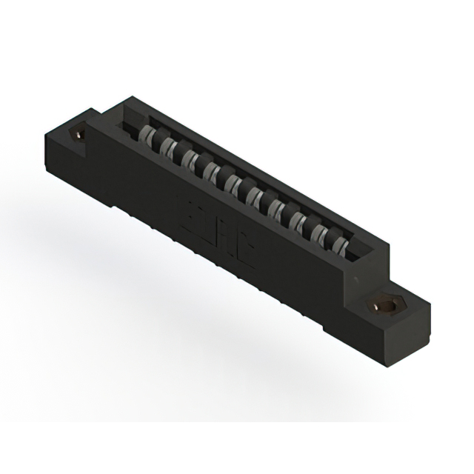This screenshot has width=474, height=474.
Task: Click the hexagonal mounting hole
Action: point(384,305)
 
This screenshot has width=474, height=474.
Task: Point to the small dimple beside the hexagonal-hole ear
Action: point(355,278)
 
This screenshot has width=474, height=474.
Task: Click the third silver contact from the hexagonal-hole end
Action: point(298,221)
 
